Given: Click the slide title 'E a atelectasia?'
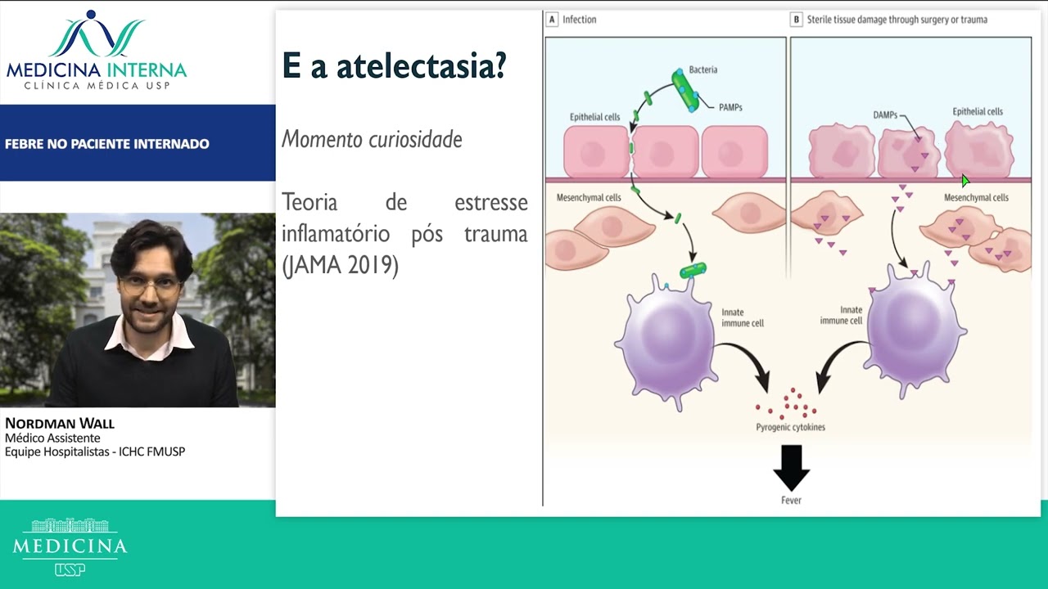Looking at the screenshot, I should click(394, 66).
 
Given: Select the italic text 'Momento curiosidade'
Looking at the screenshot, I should click(372, 139).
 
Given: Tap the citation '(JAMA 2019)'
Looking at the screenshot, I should click(340, 266).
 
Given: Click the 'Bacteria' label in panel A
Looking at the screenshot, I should click(702, 70).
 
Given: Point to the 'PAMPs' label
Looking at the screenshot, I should click(730, 107).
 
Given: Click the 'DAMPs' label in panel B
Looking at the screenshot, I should click(885, 115).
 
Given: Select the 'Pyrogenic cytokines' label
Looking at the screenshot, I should click(790, 427).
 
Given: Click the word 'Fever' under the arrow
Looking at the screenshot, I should click(791, 500).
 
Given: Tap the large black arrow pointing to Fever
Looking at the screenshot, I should click(791, 467).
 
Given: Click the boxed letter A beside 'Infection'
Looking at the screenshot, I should click(552, 20).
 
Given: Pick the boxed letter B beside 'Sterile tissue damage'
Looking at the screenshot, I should click(796, 20).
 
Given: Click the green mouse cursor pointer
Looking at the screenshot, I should click(965, 181).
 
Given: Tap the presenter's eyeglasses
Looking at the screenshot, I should click(150, 286).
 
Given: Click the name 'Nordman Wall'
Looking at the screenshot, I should click(60, 423).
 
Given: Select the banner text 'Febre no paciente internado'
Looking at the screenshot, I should click(107, 144).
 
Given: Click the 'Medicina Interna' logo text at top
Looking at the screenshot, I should click(97, 70).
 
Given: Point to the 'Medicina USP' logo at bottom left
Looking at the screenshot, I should click(70, 546).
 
